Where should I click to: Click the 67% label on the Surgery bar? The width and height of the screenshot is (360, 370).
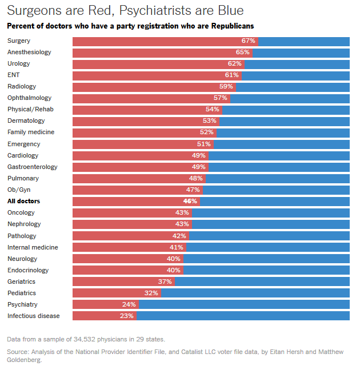coord(248,41)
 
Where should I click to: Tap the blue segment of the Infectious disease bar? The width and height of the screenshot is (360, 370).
coord(243,316)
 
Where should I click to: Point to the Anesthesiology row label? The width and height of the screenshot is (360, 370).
coord(29,53)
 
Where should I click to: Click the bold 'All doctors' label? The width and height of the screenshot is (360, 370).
coord(23,201)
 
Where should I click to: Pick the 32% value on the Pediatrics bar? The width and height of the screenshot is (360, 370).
coord(151,293)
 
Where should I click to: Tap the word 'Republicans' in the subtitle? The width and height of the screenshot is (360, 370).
coord(230,26)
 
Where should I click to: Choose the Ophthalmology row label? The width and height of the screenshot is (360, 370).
coord(29,98)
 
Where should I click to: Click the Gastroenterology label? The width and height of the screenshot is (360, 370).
coord(33,167)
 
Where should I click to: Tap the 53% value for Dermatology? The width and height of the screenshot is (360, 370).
coord(210,121)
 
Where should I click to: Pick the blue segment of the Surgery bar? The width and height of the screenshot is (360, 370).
coord(303,41)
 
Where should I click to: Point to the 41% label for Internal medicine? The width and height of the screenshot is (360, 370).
coord(176,247)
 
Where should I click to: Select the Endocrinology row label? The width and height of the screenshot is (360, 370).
coord(28,270)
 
